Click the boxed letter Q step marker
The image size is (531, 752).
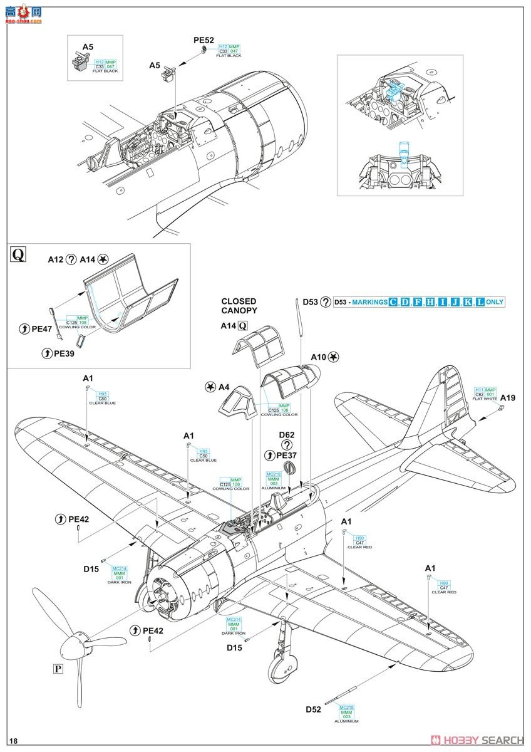(x=19, y=254)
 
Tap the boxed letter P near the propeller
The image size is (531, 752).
(x=58, y=669)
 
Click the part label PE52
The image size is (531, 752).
(x=204, y=41)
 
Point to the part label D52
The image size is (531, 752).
(x=314, y=709)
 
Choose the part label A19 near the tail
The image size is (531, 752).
(x=508, y=397)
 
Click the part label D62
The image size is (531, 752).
(x=287, y=434)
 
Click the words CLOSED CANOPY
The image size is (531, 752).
(x=239, y=306)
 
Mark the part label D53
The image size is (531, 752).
(x=310, y=301)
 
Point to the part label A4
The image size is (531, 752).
(x=224, y=387)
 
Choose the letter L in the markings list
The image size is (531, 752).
(x=480, y=302)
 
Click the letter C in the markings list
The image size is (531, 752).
(x=393, y=302)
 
